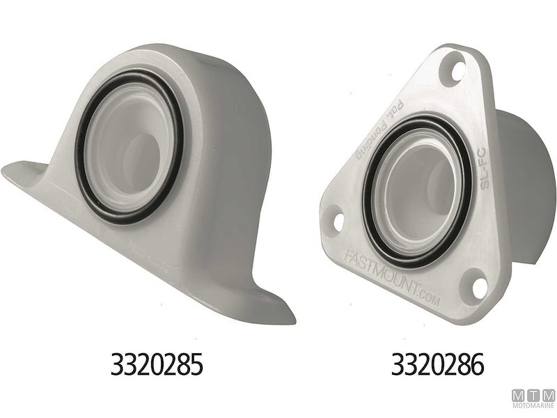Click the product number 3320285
157,364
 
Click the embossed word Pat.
401,111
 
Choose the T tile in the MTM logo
533,396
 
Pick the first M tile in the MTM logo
518,396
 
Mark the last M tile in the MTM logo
549,396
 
